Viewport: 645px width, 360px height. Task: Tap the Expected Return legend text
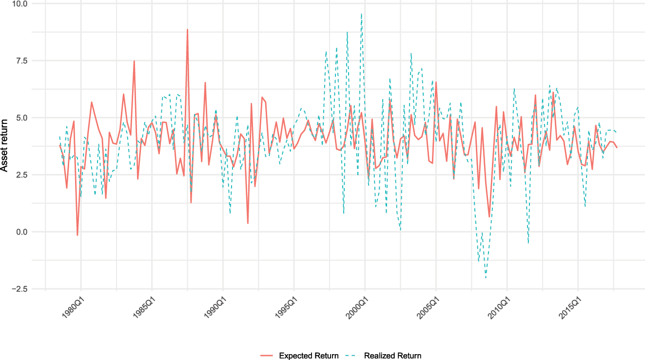pos(309,356)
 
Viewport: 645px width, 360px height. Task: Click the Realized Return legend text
pos(392,356)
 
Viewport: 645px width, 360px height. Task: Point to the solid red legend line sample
pos(267,356)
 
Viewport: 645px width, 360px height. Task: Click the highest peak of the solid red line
pos(187,30)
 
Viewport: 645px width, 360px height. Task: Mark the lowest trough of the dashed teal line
pos(486,278)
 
